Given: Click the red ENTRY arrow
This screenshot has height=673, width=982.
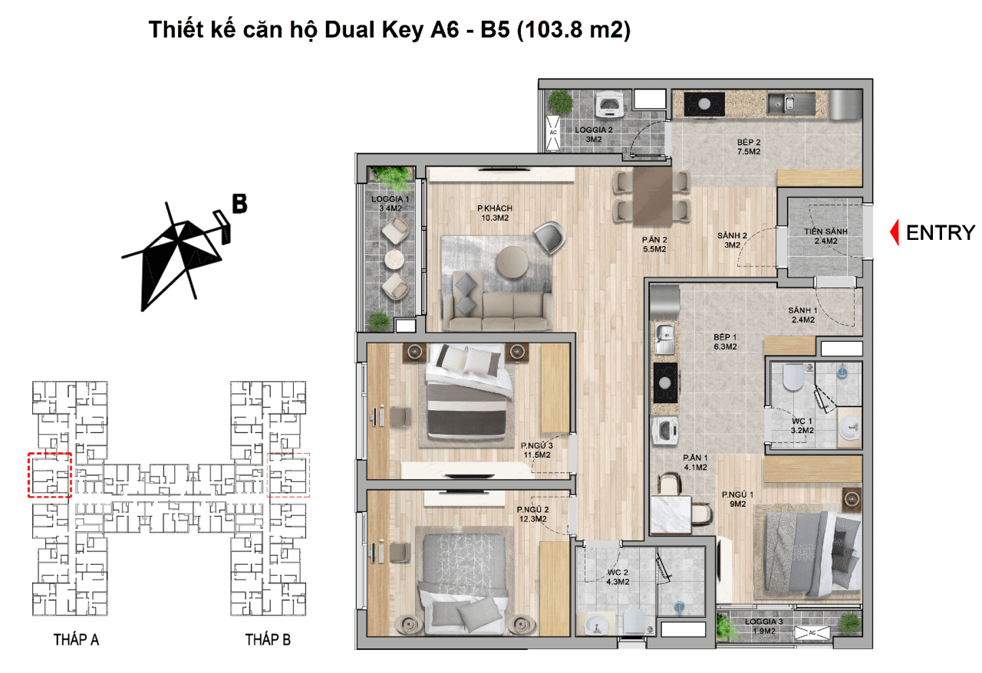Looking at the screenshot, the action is (895, 232).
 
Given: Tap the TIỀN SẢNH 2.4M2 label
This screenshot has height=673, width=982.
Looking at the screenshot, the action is (826, 236).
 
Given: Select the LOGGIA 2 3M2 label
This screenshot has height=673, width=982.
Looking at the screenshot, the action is (594, 134).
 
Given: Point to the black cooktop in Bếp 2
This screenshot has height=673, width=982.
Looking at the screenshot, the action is (704, 104).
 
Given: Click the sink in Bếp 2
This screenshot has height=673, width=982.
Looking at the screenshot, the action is (790, 103).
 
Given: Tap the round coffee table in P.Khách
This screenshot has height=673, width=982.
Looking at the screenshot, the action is (512, 262).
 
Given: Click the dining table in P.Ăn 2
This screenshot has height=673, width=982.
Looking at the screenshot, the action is (652, 197).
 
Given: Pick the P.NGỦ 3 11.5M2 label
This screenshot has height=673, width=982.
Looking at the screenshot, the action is (537, 450).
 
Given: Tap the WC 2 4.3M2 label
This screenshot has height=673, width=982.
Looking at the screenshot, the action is (618, 577).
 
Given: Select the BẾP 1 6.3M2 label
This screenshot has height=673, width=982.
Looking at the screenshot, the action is (725, 342).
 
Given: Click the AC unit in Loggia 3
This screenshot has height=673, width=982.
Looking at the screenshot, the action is (812, 632).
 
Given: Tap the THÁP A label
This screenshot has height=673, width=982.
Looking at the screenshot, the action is (76, 640).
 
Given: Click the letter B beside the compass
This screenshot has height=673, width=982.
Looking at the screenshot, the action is (239, 204).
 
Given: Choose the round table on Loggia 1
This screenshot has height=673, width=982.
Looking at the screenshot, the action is (394, 259).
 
